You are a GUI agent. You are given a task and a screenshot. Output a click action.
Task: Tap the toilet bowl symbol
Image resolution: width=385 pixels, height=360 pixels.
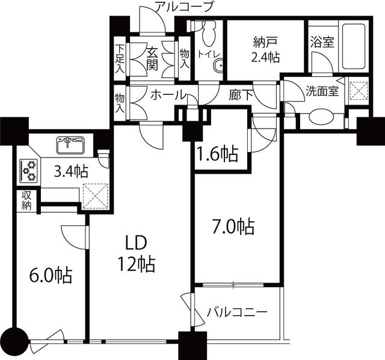pyautogui.click(x=209, y=34)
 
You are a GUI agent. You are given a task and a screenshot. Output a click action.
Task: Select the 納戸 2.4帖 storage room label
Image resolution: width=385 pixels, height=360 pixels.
pyautogui.click(x=266, y=50)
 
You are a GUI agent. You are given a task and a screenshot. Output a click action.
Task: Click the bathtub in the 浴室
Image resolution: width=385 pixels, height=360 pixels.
pyautogui.click(x=354, y=46)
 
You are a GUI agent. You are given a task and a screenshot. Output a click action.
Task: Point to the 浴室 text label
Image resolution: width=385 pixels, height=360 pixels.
pyautogui.click(x=322, y=41)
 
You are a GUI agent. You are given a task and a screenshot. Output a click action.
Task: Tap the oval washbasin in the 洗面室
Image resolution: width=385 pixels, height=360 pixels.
pyautogui.click(x=322, y=117)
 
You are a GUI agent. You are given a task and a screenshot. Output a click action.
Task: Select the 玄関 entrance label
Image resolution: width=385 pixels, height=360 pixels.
pyautogui.click(x=152, y=59)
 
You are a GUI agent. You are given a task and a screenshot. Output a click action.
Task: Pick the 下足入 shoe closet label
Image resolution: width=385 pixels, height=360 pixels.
pyautogui.click(x=120, y=59)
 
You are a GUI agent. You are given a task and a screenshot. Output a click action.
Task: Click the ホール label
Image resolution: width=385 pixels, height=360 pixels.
pyautogui.click(x=167, y=95)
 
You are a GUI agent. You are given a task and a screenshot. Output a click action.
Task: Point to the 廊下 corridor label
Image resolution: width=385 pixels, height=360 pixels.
pyautogui.click(x=241, y=95)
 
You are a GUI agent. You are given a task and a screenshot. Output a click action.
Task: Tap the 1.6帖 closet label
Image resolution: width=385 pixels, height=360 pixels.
pyautogui.click(x=218, y=154)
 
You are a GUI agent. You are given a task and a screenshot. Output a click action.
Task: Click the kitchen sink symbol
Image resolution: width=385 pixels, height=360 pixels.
pyautogui.click(x=71, y=145)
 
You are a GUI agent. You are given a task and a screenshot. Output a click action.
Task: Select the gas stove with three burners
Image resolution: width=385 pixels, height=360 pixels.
pyautogui.click(x=28, y=171)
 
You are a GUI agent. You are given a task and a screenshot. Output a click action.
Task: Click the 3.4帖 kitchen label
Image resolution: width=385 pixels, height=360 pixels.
pyautogui.click(x=71, y=171)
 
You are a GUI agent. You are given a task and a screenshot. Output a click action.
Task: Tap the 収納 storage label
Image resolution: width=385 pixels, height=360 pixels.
pyautogui.click(x=26, y=200)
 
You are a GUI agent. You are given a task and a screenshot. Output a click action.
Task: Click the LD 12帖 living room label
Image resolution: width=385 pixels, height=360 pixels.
pyautogui.click(x=137, y=254)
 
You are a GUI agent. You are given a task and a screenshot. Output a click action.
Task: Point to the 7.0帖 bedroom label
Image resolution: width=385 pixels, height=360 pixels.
pyautogui.click(x=233, y=227)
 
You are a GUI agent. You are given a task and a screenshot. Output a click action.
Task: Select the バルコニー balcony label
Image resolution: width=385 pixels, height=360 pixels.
pyautogui.click(x=236, y=312)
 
